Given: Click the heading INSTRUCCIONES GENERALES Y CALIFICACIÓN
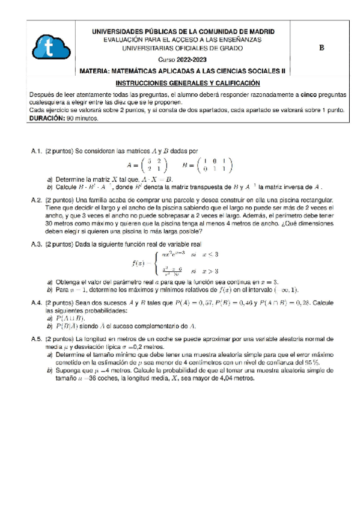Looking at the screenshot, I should [183, 82].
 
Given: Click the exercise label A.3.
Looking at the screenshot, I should [37, 244].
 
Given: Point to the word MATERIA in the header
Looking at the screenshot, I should [97, 71].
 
